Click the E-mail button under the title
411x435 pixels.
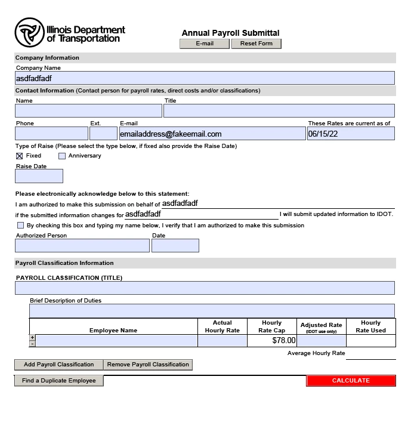[x=204, y=44]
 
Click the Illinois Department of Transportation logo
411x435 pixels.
[x=70, y=33]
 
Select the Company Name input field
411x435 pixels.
[x=205, y=78]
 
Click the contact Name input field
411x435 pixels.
[x=88, y=111]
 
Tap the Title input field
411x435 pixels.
[x=279, y=111]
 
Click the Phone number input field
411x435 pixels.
[x=51, y=134]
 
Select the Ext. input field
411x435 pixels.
[x=103, y=134]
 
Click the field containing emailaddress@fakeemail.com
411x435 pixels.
[x=212, y=134]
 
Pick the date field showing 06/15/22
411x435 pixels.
[x=350, y=134]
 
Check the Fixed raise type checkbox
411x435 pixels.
[x=20, y=156]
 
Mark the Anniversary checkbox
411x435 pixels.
[x=62, y=156]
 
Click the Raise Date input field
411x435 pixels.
[x=39, y=176]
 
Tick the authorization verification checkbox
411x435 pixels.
[x=21, y=226]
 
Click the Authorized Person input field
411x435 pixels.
[x=82, y=245]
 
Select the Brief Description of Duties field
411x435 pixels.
[x=212, y=311]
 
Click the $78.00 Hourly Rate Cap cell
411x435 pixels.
[x=271, y=341]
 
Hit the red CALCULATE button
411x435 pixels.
[x=351, y=381]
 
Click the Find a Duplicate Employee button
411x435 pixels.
[x=59, y=381]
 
